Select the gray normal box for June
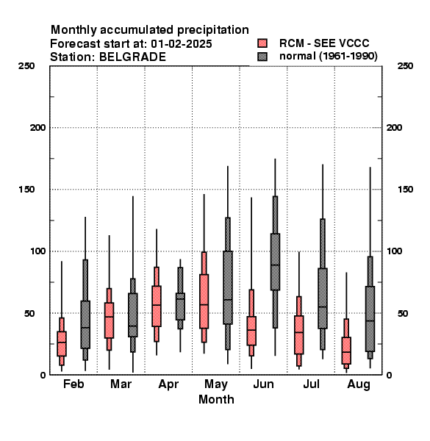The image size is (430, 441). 275,262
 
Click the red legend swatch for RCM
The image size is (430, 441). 262,43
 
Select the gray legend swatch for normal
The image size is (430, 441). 262,57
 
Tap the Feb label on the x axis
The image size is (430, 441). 74,384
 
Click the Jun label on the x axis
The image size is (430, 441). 263,384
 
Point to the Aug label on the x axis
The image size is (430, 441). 359,384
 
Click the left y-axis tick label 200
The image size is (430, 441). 38,128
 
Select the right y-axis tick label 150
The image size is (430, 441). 405,190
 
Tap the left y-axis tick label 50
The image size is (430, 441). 31,313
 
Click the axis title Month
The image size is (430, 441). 216,399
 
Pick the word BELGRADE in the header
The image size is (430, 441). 132,57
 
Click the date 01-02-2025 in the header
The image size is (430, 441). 182,44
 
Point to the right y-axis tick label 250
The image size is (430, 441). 405,66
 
